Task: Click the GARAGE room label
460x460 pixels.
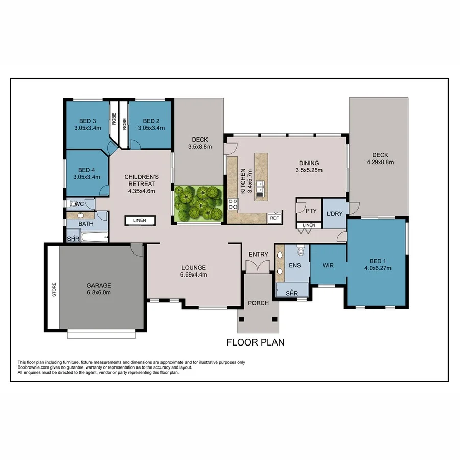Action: click(99, 285)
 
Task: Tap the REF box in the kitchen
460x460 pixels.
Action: click(274, 218)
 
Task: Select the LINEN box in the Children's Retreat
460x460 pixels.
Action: click(140, 220)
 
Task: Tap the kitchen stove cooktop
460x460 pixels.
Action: click(233, 204)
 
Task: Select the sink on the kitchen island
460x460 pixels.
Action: click(261, 189)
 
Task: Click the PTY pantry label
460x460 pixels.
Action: click(311, 211)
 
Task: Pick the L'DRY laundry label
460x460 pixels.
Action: click(334, 213)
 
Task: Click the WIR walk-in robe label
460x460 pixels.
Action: click(328, 265)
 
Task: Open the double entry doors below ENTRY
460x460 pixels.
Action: click(258, 266)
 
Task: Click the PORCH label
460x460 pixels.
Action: click(258, 303)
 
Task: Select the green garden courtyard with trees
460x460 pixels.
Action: click(198, 203)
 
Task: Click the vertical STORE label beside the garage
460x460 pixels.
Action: click(54, 290)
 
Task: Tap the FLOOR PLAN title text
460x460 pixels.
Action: click(255, 342)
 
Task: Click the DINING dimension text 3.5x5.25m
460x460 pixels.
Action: click(309, 171)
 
